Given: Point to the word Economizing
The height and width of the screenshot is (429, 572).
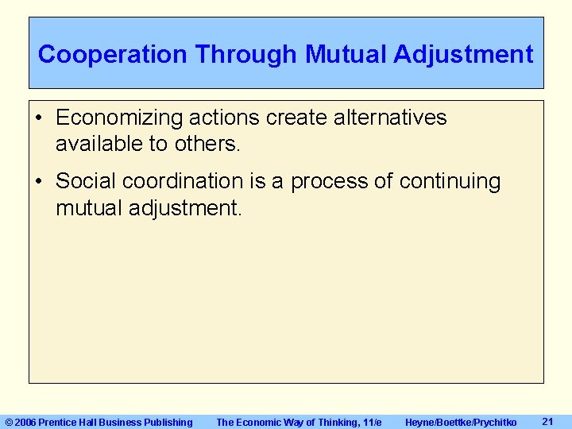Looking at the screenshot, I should (120, 118).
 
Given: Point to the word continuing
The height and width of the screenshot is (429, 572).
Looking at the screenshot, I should (450, 182).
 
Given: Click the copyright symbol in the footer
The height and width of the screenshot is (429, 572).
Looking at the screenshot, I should (9, 422).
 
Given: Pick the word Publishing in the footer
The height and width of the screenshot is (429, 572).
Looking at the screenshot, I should (168, 422).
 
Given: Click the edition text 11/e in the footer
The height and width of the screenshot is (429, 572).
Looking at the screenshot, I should (371, 422).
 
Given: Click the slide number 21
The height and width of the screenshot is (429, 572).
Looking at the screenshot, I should (547, 421).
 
